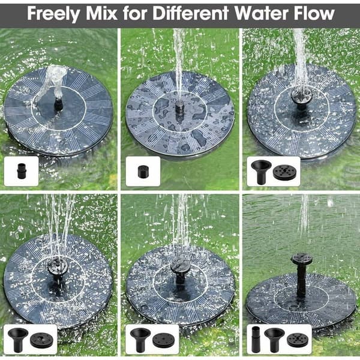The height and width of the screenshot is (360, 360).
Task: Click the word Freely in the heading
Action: (53, 14)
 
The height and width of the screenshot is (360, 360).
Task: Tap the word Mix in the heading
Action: (101, 13)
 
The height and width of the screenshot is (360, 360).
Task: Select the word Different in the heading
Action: (191, 13)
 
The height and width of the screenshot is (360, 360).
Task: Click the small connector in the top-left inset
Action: (21, 171)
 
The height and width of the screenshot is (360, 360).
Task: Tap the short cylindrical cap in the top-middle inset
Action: (143, 172)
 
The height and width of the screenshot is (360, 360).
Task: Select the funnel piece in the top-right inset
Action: (261, 172)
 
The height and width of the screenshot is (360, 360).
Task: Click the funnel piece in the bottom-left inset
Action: (18, 340)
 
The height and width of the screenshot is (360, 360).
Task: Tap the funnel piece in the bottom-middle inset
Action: (140, 340)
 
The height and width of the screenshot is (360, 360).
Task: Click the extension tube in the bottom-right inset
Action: (256, 340)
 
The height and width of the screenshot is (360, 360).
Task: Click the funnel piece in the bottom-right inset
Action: (274, 340)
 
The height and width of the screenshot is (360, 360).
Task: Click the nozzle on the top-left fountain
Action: (58, 104)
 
